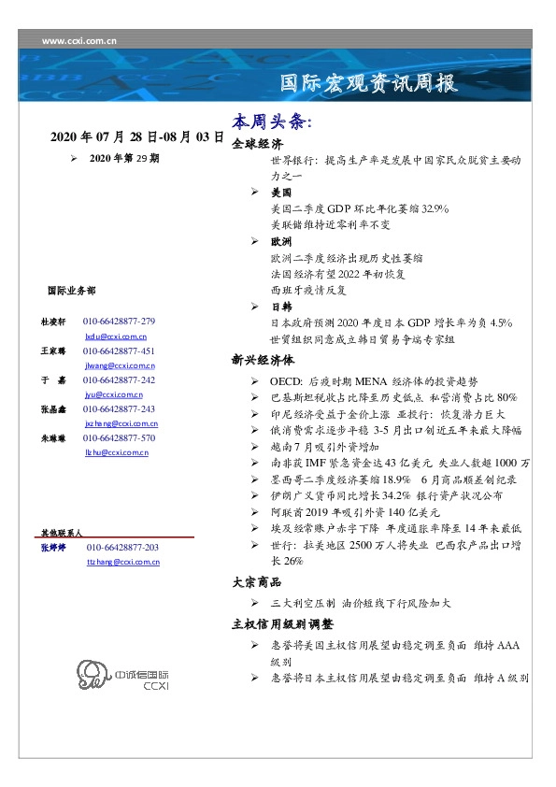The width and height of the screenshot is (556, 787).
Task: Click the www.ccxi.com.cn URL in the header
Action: [79, 41]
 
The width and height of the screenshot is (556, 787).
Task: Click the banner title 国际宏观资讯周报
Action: [370, 82]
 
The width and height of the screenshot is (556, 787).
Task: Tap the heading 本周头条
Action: [271, 122]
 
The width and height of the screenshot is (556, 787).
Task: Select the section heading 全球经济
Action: [257, 144]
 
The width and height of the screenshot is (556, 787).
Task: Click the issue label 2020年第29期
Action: [124, 159]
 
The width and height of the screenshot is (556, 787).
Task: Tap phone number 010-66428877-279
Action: [119, 321]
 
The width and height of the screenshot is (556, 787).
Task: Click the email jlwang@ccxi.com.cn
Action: [120, 366]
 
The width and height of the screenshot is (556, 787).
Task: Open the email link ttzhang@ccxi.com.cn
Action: [122, 562]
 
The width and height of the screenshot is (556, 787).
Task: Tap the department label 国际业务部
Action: [70, 291]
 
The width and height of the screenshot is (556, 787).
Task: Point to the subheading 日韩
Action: [281, 307]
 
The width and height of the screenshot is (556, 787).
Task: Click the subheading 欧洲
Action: [281, 241]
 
